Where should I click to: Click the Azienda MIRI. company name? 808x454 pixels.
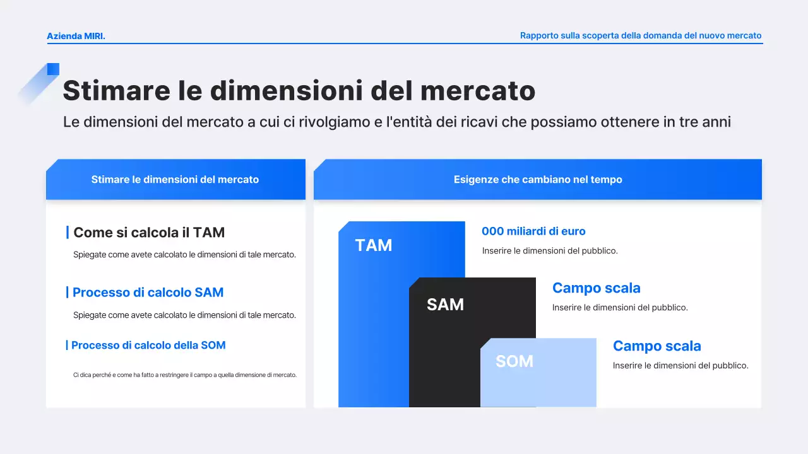(x=76, y=36)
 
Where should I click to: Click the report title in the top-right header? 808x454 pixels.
(x=640, y=36)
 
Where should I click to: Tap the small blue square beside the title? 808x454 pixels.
(x=53, y=69)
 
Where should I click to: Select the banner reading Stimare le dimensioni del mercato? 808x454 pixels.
(x=175, y=180)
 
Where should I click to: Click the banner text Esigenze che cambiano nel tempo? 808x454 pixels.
(x=538, y=180)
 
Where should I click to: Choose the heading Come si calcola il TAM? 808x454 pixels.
(x=149, y=233)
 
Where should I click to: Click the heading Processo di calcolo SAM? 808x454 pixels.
(x=148, y=293)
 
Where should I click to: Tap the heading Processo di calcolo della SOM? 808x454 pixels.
(x=148, y=346)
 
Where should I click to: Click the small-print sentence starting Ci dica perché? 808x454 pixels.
(x=184, y=375)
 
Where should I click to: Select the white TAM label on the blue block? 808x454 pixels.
(x=373, y=245)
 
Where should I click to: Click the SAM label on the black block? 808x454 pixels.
(x=445, y=305)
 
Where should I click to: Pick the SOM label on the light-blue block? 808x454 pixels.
(x=514, y=361)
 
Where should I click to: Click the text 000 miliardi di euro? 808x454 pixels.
(x=533, y=231)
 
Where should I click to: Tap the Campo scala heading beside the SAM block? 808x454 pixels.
(x=596, y=288)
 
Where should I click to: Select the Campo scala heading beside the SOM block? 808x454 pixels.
(x=656, y=346)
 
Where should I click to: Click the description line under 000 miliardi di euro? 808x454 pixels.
(x=549, y=251)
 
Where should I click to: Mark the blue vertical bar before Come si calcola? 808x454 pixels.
(x=68, y=233)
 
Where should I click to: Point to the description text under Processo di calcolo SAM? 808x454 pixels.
(x=184, y=315)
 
